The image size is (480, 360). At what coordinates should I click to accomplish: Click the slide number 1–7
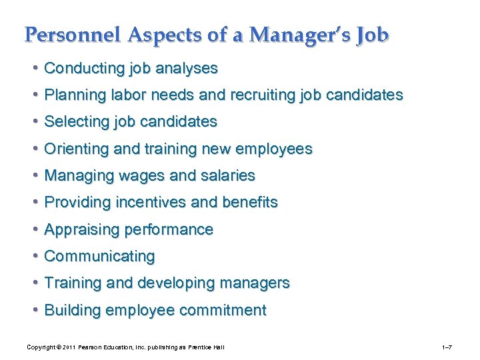[x=448, y=347]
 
